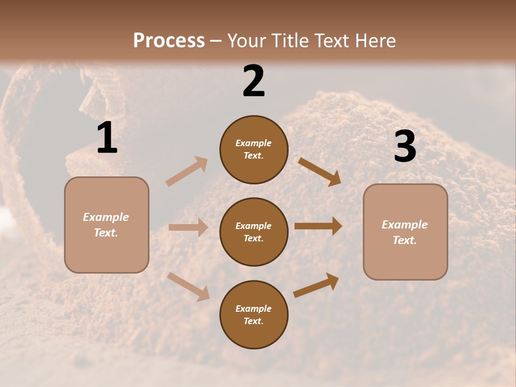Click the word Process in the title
click(x=169, y=41)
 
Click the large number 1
click(x=107, y=138)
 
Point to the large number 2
click(x=254, y=81)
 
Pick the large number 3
click(x=405, y=146)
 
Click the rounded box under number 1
click(x=106, y=225)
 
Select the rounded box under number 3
click(x=405, y=232)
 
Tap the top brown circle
click(x=254, y=149)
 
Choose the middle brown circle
click(x=254, y=232)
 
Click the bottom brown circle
click(x=254, y=315)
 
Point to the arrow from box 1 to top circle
click(x=187, y=171)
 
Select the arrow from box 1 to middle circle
click(x=188, y=227)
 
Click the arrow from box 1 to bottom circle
click(x=189, y=286)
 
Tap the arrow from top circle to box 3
click(x=319, y=171)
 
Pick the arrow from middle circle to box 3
click(x=318, y=226)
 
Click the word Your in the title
click(x=246, y=41)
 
